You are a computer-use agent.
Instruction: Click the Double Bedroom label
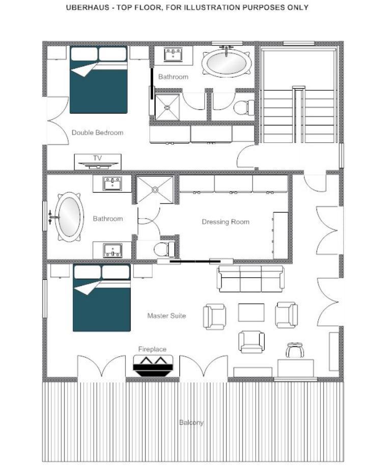point(97,133)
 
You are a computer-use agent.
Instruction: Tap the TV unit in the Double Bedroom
point(97,162)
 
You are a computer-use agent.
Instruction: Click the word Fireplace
point(152,349)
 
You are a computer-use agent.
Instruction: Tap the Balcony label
point(191,423)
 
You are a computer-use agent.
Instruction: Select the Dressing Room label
point(226,222)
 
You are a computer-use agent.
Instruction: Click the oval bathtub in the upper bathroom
point(226,63)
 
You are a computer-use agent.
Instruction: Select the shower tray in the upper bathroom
point(167,107)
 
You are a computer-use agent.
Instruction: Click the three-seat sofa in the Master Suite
point(251,278)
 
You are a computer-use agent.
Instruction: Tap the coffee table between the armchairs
point(251,313)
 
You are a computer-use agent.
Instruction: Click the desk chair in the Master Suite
point(295,350)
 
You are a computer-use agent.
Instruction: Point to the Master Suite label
point(167,316)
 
